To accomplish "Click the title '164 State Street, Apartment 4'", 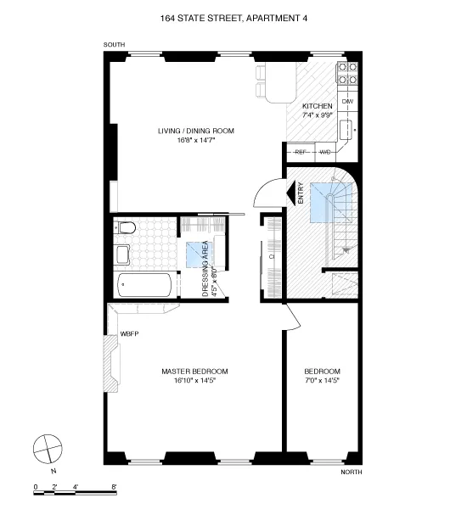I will pos(233,16).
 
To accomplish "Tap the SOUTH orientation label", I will pos(114,44).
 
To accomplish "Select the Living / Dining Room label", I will pos(195,131).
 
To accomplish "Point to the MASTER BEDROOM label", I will pos(195,372).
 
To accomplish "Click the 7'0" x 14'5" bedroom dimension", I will pos(323,382).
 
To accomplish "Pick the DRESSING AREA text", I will pos(205,270).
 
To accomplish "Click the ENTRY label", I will pos(301,194).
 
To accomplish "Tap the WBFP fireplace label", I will pos(129,333).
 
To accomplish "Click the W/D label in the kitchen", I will pos(324,152).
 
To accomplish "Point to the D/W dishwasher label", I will pos(347,102).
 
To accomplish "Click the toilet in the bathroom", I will pos(124,227).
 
